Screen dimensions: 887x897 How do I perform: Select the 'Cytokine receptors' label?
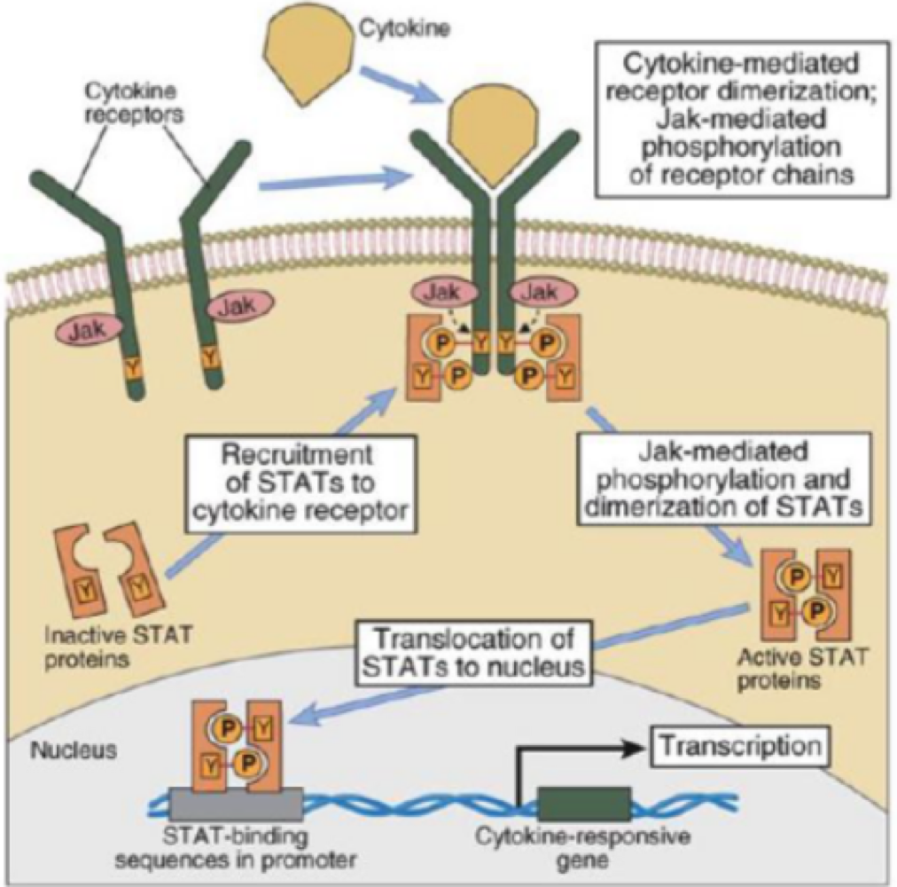(121, 103)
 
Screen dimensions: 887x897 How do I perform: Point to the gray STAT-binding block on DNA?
(246, 805)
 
